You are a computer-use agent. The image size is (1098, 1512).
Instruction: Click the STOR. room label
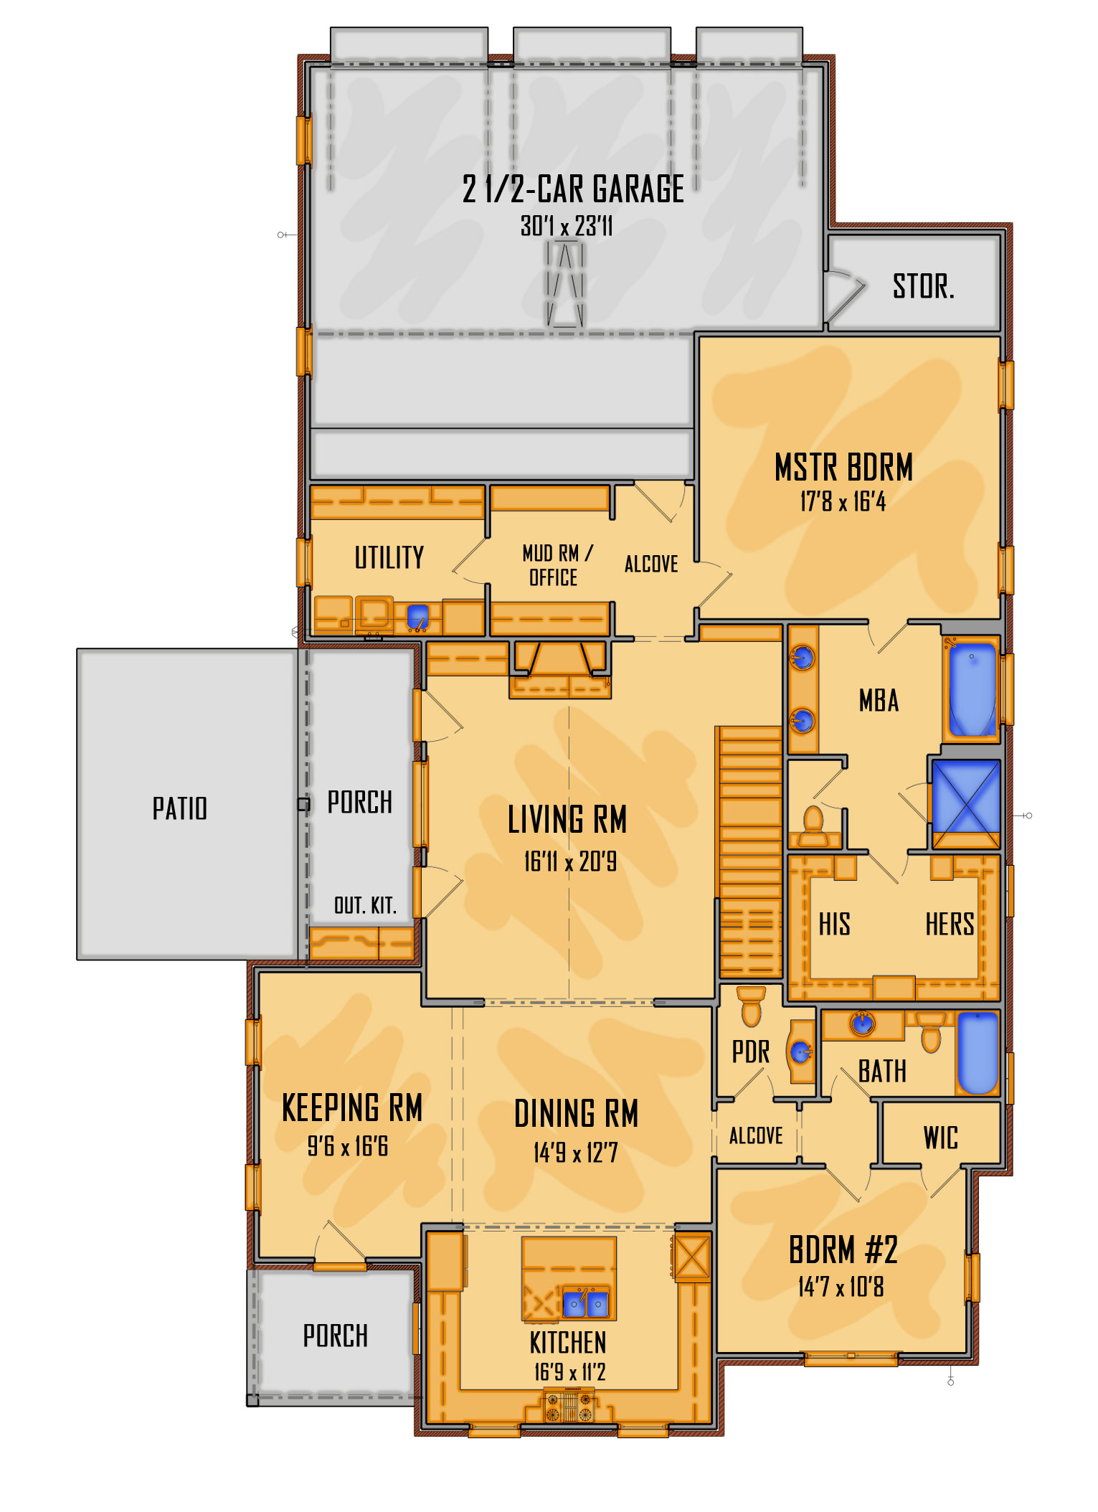tap(923, 287)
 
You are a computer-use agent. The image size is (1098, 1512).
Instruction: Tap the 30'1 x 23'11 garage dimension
tap(567, 226)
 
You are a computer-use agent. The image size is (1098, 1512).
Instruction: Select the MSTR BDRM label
tap(843, 468)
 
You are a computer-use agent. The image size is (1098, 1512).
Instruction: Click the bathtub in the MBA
tap(972, 689)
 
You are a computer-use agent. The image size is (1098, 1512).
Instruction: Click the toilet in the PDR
tap(751, 1006)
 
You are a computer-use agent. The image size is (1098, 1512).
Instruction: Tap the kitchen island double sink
tap(586, 1303)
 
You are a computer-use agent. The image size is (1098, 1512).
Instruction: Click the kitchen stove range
tap(569, 1405)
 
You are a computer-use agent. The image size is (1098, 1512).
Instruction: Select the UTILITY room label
tap(389, 557)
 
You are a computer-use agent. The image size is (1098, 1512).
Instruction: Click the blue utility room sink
tap(417, 615)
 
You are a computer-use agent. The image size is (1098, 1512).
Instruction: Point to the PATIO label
tap(179, 808)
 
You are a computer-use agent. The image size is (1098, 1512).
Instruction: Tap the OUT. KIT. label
tap(365, 905)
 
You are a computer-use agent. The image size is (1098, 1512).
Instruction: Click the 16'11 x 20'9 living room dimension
tap(570, 861)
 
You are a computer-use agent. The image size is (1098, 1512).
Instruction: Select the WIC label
tap(940, 1138)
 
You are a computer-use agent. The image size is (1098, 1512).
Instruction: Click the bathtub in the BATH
tap(978, 1052)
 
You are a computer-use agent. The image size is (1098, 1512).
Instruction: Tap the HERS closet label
tap(950, 925)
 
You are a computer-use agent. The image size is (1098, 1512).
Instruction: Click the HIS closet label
tap(835, 925)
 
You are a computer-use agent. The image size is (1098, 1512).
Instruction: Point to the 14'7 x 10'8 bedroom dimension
tap(841, 1287)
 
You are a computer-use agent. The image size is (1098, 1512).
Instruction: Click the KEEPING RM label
tap(351, 1107)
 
